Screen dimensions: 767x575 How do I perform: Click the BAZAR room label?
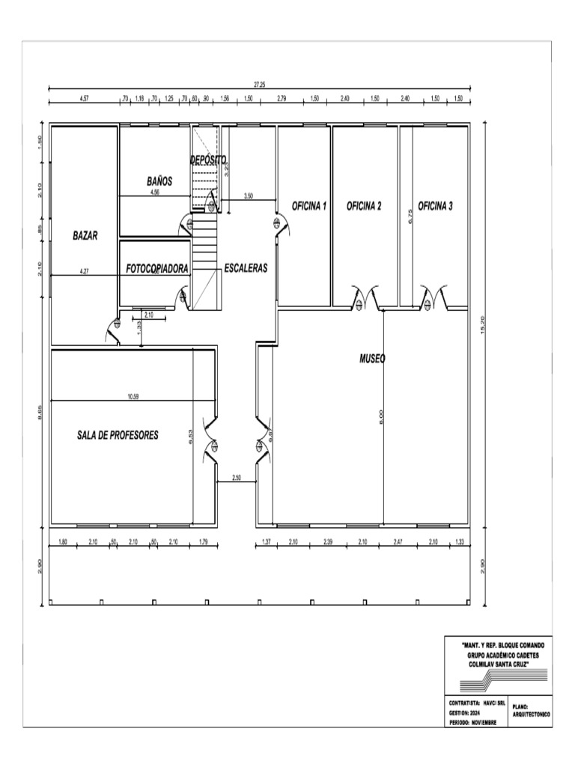click(85, 234)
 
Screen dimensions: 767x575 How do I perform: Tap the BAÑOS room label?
click(159, 181)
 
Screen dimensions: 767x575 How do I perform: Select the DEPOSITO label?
click(208, 160)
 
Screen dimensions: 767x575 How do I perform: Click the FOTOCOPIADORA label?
click(157, 267)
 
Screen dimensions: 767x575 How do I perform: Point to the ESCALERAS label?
click(246, 267)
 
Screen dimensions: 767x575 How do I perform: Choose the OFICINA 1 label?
click(309, 206)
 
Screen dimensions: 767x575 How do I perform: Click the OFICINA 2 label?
click(365, 206)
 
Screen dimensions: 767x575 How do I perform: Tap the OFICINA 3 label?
click(436, 206)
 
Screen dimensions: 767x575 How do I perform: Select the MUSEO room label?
click(372, 359)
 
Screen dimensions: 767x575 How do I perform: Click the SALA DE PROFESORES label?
click(118, 435)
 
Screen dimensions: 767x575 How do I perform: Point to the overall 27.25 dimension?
click(258, 85)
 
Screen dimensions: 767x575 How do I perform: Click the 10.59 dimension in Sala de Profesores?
click(132, 396)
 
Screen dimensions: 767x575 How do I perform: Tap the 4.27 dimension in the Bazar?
click(85, 271)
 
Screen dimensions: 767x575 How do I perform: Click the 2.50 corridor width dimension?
click(237, 477)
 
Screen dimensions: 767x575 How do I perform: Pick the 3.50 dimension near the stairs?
click(248, 196)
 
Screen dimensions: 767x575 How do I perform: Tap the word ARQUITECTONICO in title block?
click(532, 715)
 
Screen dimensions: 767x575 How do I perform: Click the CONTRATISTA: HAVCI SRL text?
click(477, 704)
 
